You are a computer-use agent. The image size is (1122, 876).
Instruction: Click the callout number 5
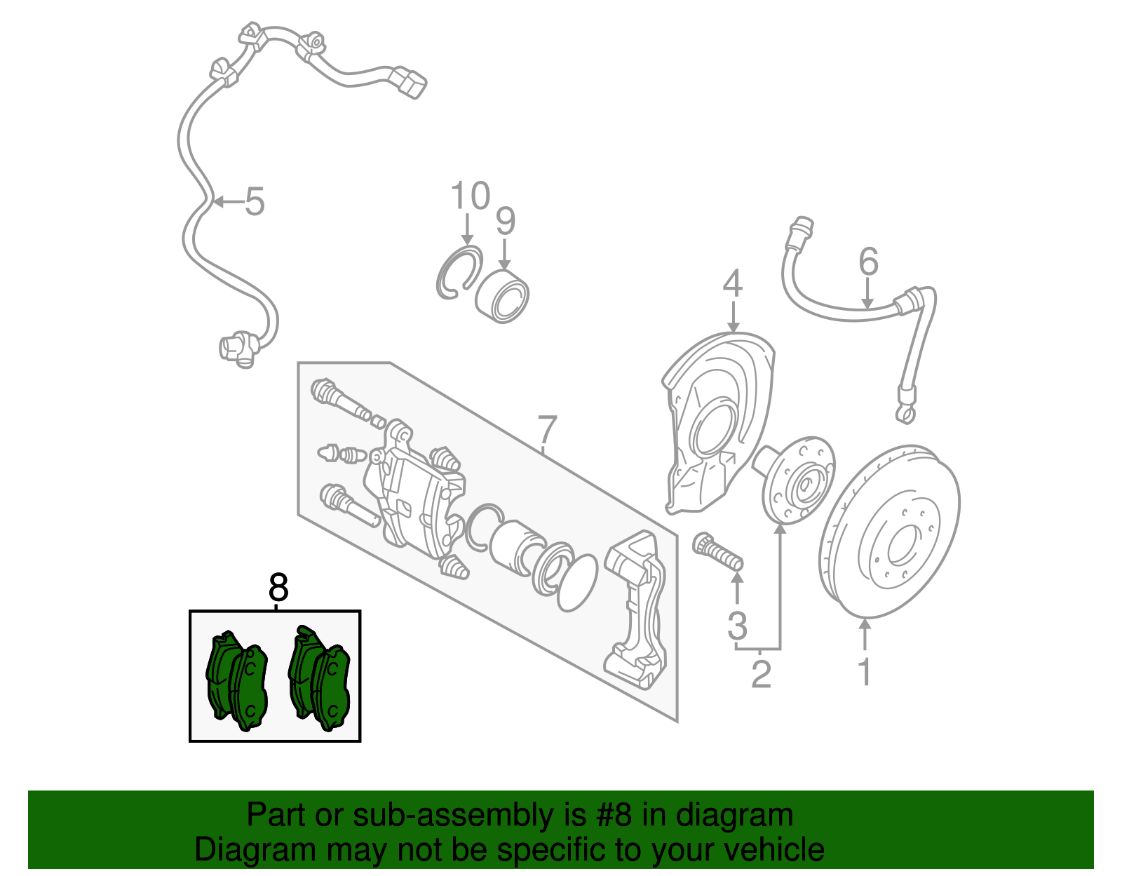pos(255,202)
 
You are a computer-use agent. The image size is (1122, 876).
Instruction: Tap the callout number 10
pos(470,196)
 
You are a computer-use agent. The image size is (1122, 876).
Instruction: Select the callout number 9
pos(506,222)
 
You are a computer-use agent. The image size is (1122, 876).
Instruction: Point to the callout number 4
pos(733,285)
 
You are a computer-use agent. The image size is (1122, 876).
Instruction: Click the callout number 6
pos(868,262)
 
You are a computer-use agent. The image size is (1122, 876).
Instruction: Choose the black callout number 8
pos(278,587)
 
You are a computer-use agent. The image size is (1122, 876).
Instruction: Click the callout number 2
pos(761,674)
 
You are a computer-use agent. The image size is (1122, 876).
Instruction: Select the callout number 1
pos(865,672)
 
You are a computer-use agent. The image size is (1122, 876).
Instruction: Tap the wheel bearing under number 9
pos(503,297)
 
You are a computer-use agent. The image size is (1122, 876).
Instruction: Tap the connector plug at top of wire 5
pos(410,82)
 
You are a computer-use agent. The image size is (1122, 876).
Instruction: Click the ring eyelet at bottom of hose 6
pos(905,415)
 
